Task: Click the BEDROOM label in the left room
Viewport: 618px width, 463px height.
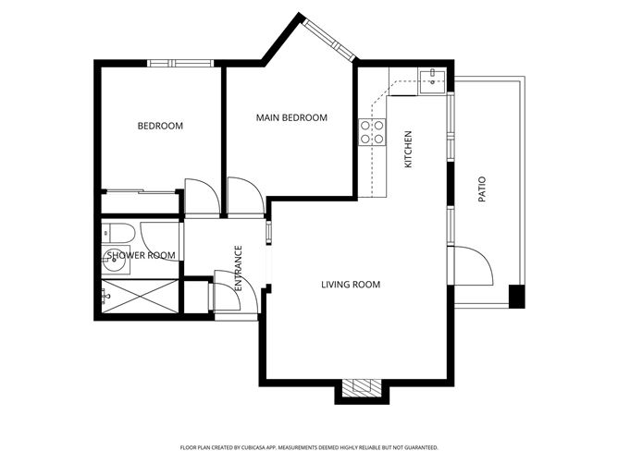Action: tap(160, 127)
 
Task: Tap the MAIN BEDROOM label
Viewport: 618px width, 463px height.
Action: tap(291, 118)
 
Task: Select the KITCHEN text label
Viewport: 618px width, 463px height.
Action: tap(408, 149)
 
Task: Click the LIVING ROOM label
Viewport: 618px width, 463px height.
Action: tap(351, 285)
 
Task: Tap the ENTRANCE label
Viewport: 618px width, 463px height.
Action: tap(238, 269)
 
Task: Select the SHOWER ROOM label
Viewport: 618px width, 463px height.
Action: tap(141, 255)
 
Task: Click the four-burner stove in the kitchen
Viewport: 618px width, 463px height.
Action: tap(372, 132)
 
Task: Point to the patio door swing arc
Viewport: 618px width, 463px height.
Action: tap(473, 269)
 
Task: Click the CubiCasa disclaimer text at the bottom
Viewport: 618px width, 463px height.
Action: tap(308, 446)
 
